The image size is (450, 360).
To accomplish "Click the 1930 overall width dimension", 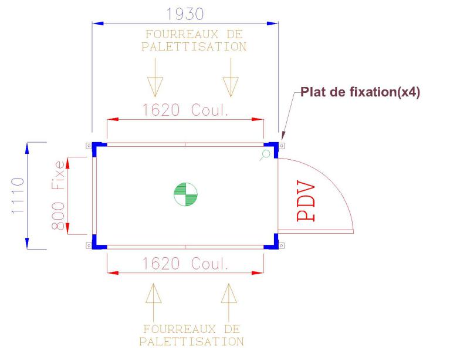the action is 185,14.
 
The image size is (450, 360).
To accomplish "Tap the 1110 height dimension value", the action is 18,196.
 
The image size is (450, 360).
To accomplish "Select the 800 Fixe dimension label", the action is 57,196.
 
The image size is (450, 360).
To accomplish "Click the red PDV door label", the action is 306,200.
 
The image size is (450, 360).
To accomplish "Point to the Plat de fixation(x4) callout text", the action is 360,92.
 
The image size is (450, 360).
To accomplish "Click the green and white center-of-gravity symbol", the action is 185,194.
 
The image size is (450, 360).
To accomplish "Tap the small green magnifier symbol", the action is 265,155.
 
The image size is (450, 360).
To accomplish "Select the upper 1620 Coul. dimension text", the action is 185,110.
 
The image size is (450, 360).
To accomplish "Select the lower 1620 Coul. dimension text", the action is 185,263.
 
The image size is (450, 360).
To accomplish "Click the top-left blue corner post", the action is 97,147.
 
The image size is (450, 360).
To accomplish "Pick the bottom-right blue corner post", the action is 273,244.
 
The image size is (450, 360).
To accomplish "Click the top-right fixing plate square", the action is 282,146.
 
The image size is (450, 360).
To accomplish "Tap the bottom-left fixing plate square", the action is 89,245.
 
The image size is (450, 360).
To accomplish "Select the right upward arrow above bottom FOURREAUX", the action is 229,302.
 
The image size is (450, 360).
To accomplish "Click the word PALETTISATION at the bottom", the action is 191,341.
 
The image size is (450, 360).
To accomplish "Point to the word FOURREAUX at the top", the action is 182,34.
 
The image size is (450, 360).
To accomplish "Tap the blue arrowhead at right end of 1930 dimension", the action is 272,23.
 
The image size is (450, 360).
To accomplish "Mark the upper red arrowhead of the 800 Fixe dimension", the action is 67,163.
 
